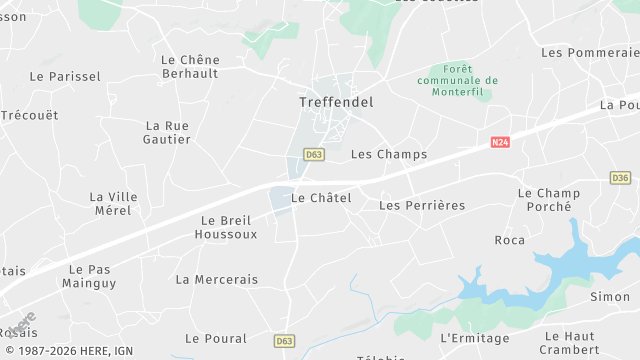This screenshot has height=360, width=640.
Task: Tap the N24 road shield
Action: pos(501,143)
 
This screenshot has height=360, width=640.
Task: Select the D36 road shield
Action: pos(619,178)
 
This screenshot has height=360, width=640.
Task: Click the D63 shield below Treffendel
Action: pos(314,154)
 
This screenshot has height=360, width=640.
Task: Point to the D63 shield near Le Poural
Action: pos(284,341)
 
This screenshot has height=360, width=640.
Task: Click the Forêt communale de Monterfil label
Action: pos(457,80)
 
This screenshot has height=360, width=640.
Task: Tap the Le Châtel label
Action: pos(321,198)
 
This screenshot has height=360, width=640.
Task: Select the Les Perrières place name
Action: pos(422,205)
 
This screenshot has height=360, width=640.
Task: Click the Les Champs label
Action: pos(389,154)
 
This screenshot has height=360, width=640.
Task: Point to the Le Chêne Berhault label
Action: pos(190,67)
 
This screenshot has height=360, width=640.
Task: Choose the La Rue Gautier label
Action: pos(168,132)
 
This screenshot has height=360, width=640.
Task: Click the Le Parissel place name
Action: pos(65,76)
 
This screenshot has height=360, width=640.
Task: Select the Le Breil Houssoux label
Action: pos(229,227)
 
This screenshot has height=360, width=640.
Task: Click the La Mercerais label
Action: pos(217,279)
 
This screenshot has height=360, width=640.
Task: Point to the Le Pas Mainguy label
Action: pos(92,276)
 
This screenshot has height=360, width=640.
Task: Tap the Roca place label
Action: pos(510,240)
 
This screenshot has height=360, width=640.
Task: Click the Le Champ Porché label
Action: pos(549,199)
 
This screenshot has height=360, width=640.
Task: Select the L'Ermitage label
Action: pos(474,338)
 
